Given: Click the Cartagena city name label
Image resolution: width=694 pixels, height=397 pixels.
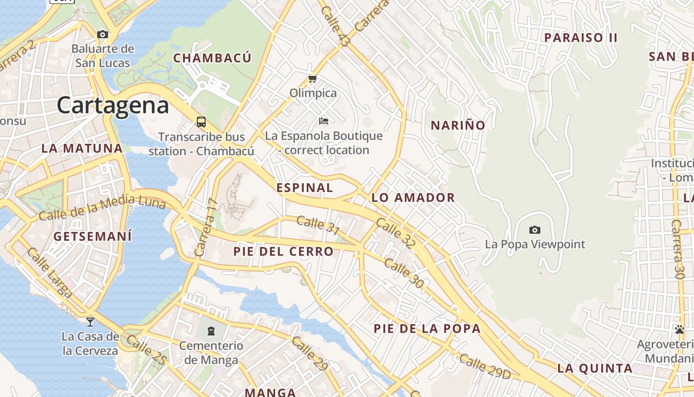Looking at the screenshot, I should pos(113,106).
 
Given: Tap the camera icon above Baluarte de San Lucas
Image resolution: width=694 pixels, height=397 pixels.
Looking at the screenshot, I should pos(103,34).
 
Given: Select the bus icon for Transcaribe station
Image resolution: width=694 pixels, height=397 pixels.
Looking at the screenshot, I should pos(201,122).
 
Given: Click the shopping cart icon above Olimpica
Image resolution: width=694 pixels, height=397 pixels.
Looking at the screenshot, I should pos(312,78).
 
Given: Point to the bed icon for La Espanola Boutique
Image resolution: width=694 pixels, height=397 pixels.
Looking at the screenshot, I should pos(324,121).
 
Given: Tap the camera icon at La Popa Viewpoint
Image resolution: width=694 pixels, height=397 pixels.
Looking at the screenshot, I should pos(534,230).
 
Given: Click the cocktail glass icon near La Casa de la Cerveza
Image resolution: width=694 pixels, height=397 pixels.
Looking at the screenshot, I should pos(90,322).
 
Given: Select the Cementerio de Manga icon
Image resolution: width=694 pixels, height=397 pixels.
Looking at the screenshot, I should pos(211,331).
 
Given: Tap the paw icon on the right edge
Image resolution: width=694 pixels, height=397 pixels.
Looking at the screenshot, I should pos(679,329).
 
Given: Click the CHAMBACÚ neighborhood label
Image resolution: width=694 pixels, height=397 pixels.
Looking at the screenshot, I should pos(212,58).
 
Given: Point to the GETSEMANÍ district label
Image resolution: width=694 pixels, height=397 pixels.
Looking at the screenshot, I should pos(93,236).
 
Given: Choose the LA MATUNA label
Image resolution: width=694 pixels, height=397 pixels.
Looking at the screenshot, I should pos(82,148).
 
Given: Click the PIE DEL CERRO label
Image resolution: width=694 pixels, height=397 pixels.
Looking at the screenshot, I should pos(284,252).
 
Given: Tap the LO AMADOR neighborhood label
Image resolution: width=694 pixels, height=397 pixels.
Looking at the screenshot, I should pos(413,198).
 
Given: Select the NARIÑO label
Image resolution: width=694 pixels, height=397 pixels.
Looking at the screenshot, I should pos(458,126).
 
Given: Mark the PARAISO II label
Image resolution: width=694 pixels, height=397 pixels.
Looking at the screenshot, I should pos(580,38).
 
